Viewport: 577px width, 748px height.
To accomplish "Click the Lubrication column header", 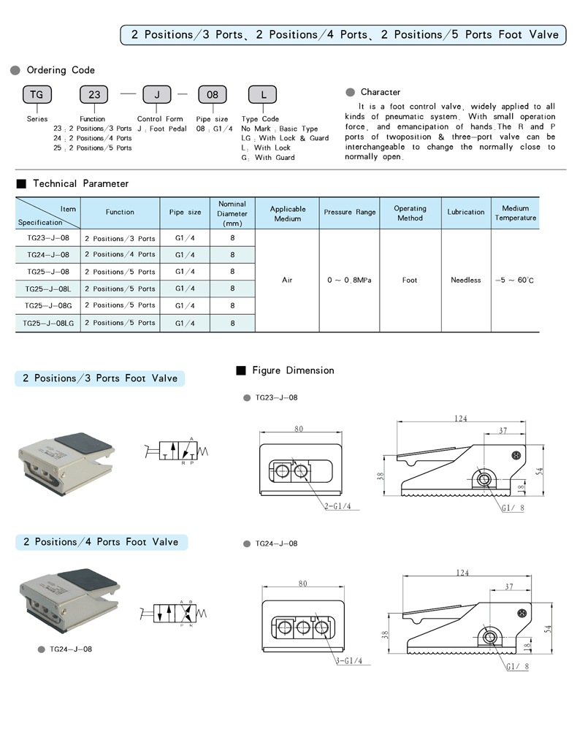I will pyautogui.click(x=466, y=212).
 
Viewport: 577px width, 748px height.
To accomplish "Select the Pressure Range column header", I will pyautogui.click(x=350, y=212).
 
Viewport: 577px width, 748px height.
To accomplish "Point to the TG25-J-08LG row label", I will pyautogui.click(x=47, y=323).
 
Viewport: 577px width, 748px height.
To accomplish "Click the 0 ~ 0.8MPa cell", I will pyautogui.click(x=350, y=280).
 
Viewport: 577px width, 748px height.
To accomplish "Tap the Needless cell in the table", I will pyautogui.click(x=466, y=280).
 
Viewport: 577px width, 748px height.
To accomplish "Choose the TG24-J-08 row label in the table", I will pyautogui.click(x=47, y=255).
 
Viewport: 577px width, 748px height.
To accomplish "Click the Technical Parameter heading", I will pyautogui.click(x=80, y=183).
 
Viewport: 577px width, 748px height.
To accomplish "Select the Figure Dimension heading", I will pyautogui.click(x=292, y=370).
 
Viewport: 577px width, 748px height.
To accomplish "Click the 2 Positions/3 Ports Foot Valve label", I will pyautogui.click(x=100, y=378).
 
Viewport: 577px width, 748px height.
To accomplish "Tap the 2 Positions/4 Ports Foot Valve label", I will pyautogui.click(x=101, y=542).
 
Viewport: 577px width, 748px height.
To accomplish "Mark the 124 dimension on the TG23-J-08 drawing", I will pyautogui.click(x=460, y=419).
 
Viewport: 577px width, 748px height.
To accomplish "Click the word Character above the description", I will pyautogui.click(x=380, y=92).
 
